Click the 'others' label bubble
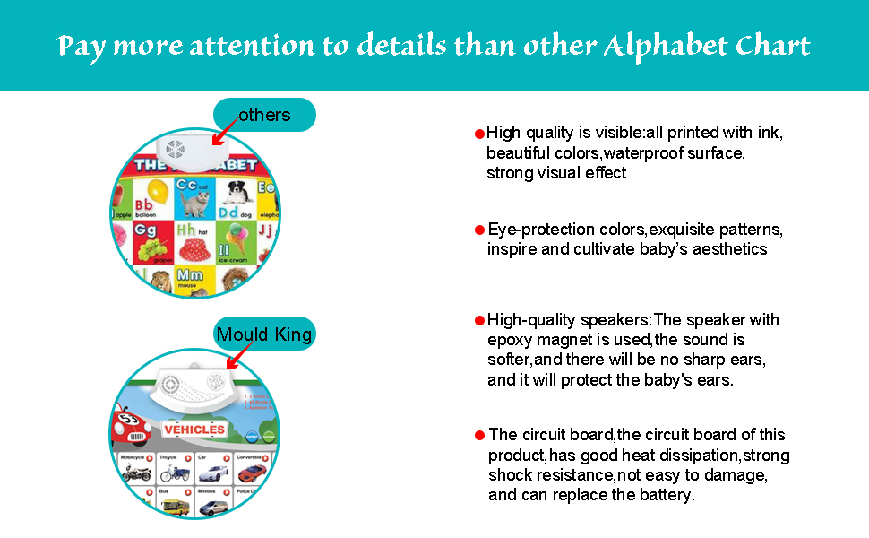click(264, 115)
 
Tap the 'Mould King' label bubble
click(264, 334)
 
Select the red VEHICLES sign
click(194, 430)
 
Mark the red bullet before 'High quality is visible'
click(479, 134)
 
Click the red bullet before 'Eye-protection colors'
click(479, 229)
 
